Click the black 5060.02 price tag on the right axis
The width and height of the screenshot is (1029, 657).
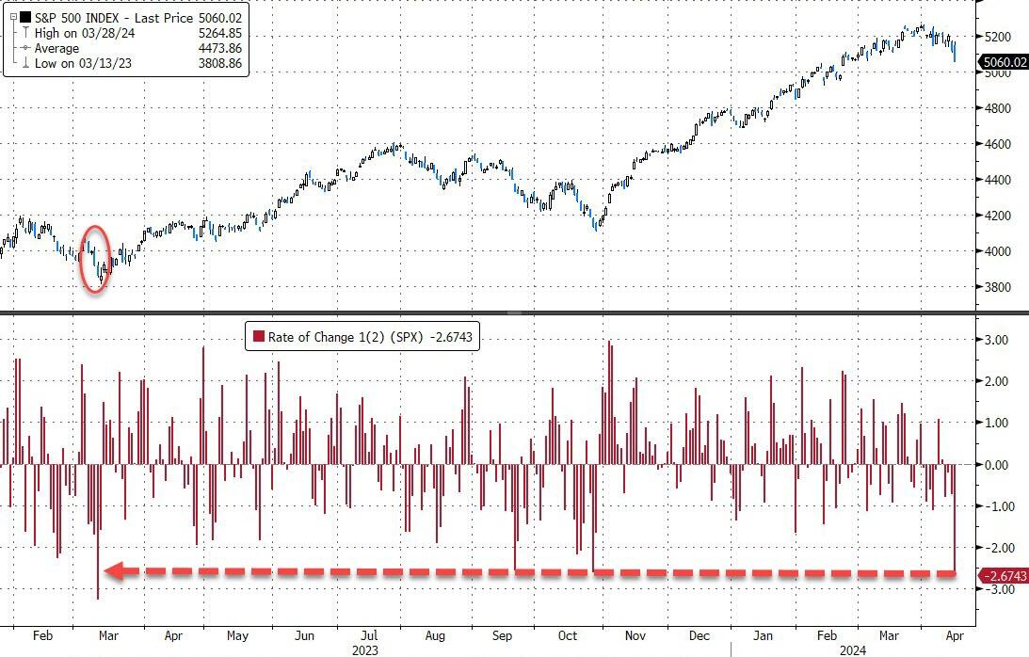tap(1004, 63)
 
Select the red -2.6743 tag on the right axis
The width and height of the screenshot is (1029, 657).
tap(1004, 575)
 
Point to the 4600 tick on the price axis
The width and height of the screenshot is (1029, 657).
tap(997, 144)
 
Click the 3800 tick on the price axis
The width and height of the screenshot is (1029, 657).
tap(997, 287)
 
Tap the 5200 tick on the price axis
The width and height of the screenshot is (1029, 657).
tap(997, 37)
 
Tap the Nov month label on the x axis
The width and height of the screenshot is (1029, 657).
tap(635, 634)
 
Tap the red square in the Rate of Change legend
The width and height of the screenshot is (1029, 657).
tap(256, 338)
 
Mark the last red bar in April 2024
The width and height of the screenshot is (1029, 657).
tap(955, 518)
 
